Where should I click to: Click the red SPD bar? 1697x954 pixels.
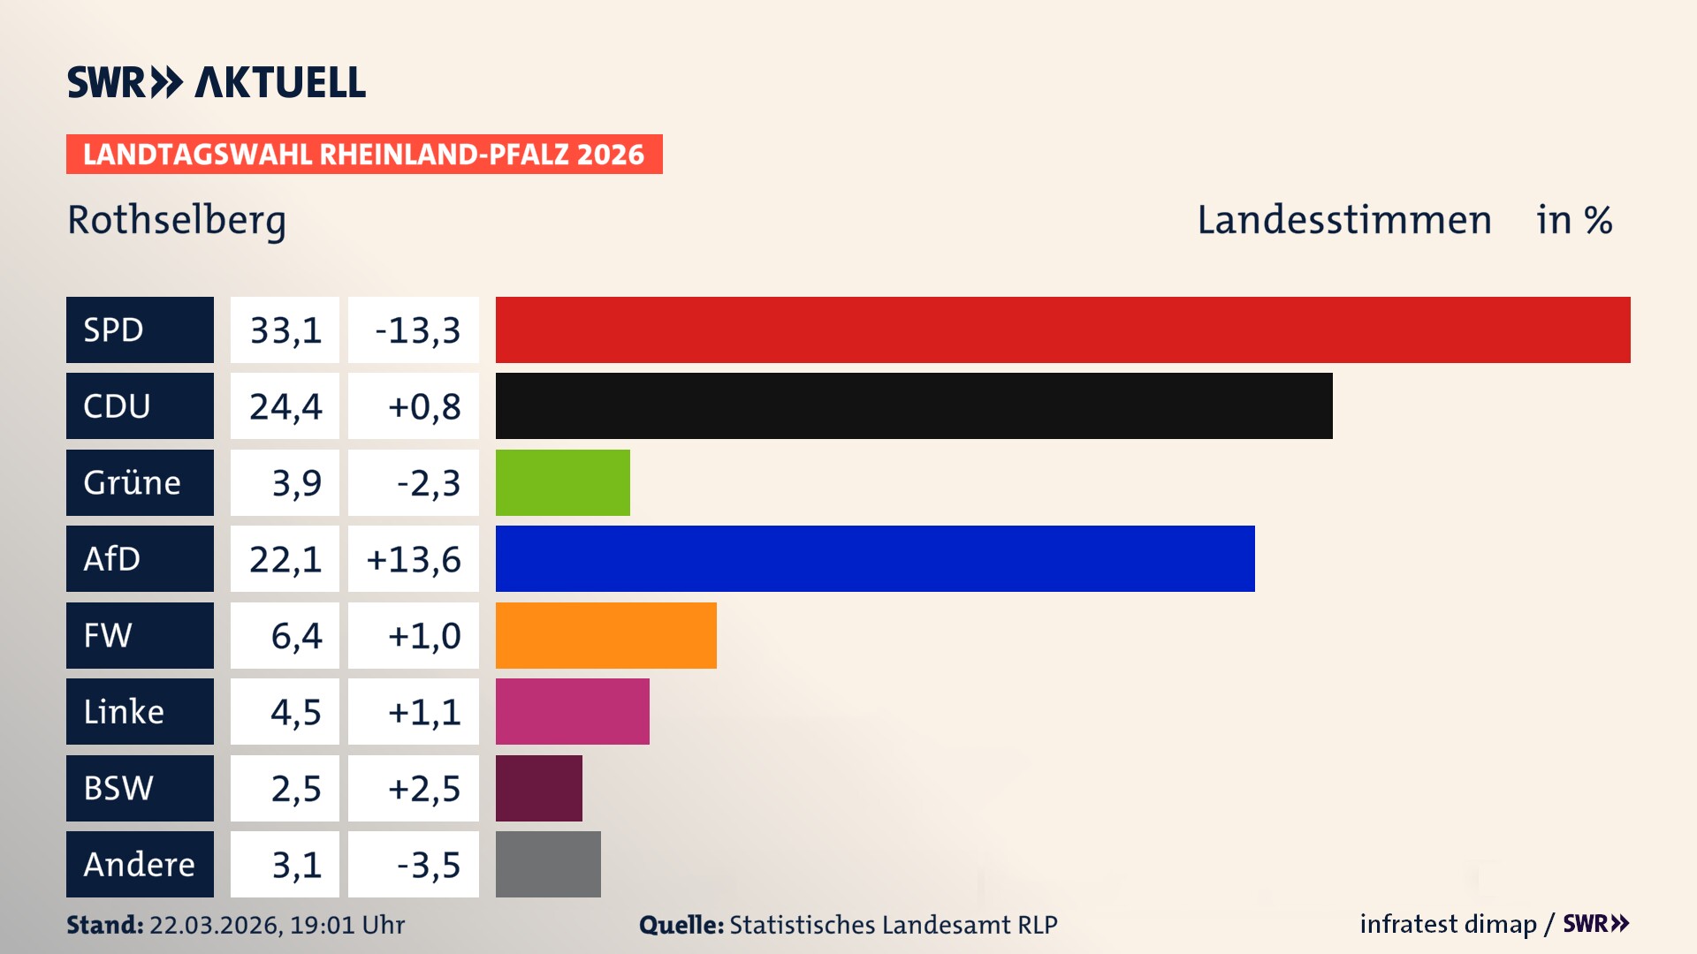pos(1062,329)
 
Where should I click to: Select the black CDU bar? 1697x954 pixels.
pos(914,406)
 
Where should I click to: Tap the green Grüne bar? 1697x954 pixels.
pos(562,482)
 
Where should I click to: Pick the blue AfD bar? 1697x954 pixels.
pos(875,558)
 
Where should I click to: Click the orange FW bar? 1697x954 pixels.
pos(605,635)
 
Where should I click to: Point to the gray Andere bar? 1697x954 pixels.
pos(548,864)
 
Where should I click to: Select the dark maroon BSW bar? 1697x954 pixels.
pos(538,788)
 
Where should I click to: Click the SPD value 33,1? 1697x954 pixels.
pos(285,330)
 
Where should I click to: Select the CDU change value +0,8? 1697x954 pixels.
pos(423,406)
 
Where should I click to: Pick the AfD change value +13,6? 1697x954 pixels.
pos(413,559)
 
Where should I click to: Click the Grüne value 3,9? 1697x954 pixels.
pos(296,483)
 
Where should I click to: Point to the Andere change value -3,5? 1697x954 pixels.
pos(428,865)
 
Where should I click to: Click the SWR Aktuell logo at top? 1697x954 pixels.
pos(216,82)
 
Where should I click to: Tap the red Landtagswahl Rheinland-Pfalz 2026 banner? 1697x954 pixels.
pos(363,155)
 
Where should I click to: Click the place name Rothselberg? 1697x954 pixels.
pos(177,220)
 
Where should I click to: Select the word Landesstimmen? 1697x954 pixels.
pos(1343,220)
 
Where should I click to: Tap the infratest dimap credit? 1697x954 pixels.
pos(1447,924)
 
